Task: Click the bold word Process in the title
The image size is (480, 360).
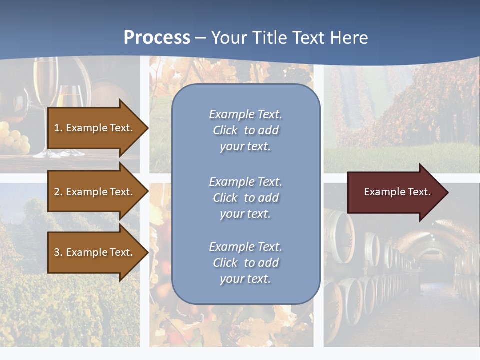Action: point(157,38)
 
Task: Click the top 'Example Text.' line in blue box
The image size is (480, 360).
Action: point(245,114)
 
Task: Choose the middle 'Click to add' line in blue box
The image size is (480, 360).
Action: point(245,198)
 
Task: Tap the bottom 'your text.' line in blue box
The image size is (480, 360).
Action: point(245,279)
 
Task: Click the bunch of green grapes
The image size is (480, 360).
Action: point(15,140)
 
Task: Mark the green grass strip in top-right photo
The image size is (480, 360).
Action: point(400,157)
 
